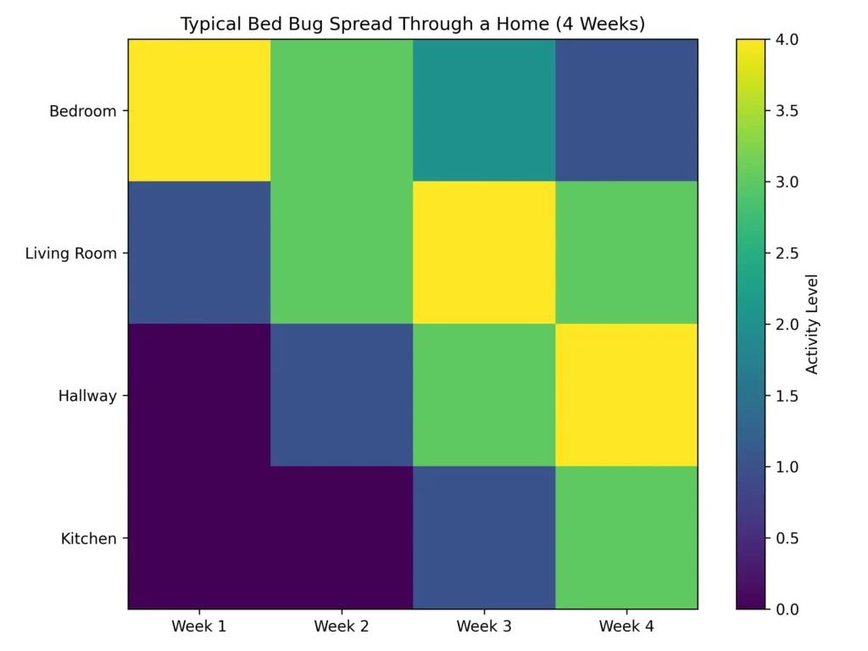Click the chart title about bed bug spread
click(413, 24)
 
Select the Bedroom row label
click(82, 111)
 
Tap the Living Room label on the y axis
click(70, 253)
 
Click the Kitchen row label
click(88, 538)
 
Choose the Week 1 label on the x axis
click(199, 626)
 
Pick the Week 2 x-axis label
click(342, 626)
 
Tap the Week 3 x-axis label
click(484, 626)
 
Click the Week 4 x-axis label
click(626, 626)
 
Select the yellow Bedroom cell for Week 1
click(199, 110)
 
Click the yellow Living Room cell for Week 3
click(484, 253)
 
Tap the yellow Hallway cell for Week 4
click(626, 395)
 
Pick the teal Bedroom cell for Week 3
click(484, 110)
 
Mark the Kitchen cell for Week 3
click(484, 537)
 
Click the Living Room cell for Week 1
click(199, 253)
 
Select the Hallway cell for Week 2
click(342, 395)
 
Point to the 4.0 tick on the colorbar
click(782, 40)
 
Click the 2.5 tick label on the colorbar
click(782, 253)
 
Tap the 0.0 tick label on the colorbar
click(782, 609)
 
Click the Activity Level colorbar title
click(812, 324)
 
